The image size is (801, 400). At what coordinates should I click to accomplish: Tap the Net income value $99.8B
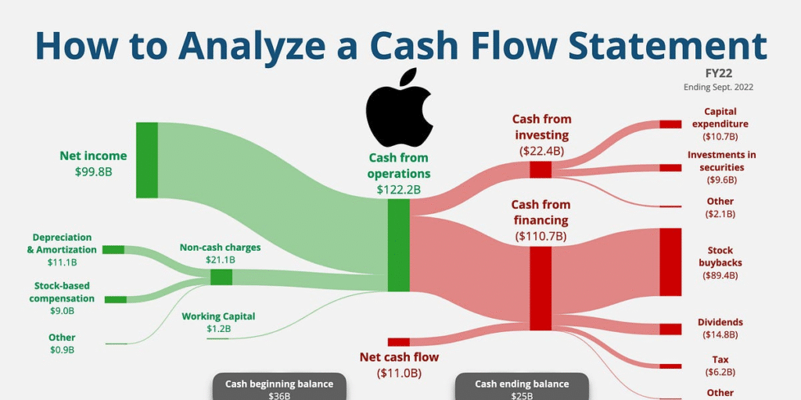(x=93, y=171)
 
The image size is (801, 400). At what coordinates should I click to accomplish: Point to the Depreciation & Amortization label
(x=62, y=243)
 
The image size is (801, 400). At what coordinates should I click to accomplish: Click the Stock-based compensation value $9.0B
(x=62, y=310)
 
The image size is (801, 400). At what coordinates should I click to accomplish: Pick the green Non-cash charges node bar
(x=221, y=277)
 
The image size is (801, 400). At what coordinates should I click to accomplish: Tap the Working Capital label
(x=218, y=316)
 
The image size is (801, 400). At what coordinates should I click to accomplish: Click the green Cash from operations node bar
(x=399, y=245)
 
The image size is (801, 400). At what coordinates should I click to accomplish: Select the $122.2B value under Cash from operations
(x=399, y=189)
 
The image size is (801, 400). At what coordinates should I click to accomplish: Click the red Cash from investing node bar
(x=541, y=170)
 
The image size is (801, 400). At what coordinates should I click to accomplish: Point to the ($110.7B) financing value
(x=541, y=235)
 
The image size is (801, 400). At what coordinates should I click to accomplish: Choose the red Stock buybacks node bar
(x=670, y=262)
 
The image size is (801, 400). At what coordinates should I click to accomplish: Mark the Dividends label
(x=720, y=322)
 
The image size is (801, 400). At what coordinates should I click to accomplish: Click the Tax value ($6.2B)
(x=720, y=372)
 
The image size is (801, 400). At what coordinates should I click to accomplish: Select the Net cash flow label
(x=399, y=357)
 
